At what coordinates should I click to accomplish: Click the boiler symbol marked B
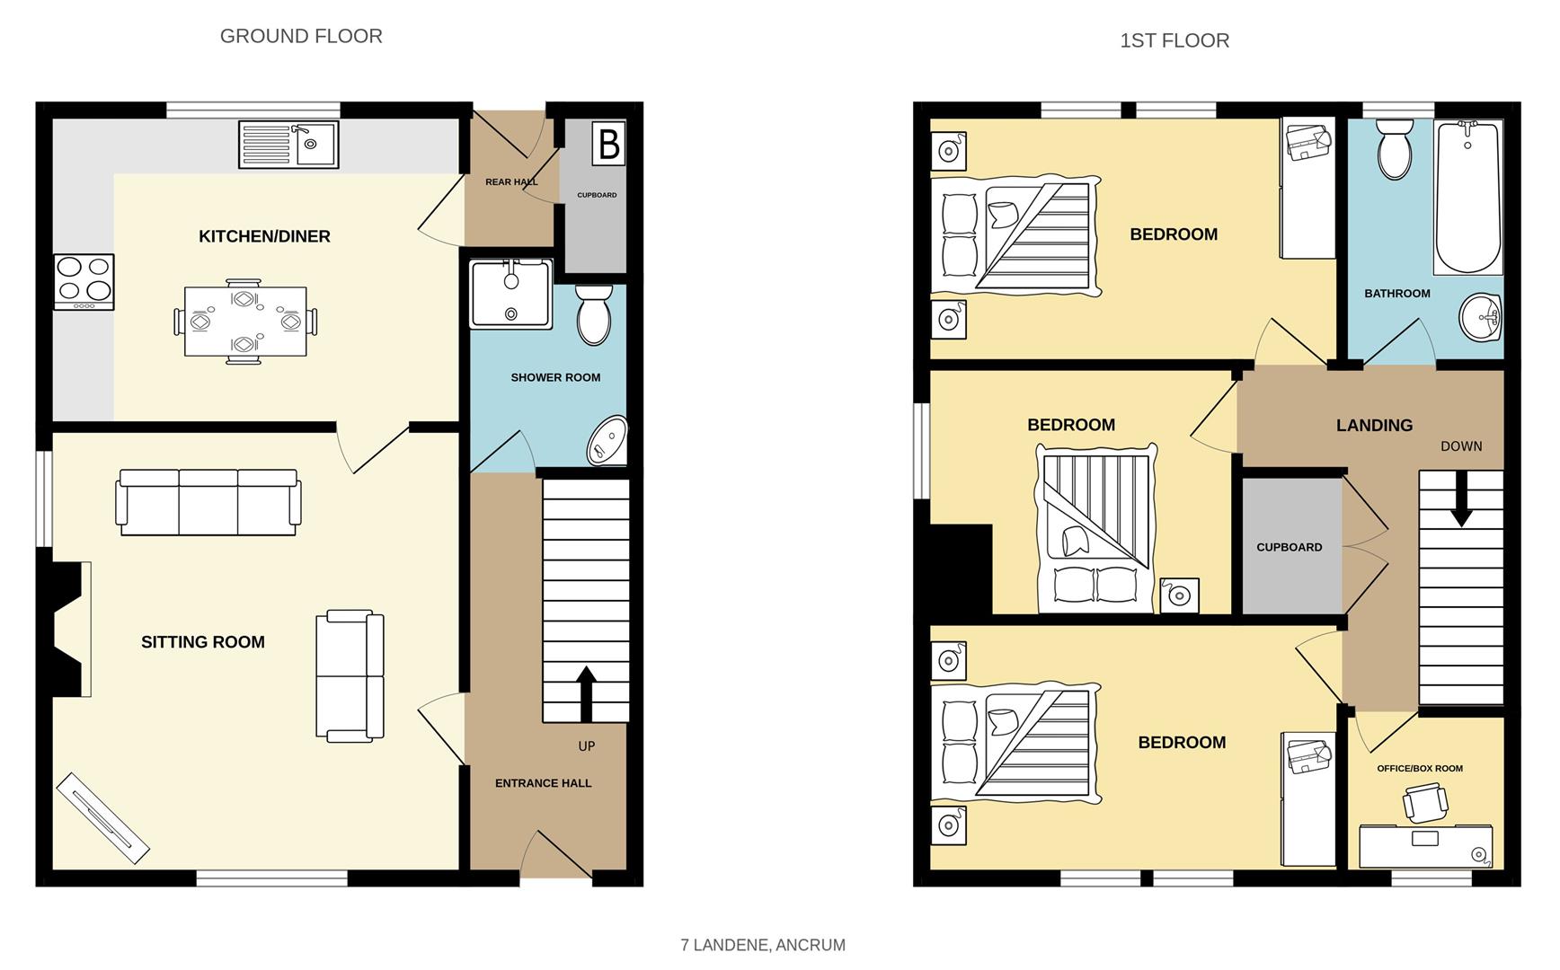[608, 144]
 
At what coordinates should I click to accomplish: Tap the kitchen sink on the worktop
[288, 145]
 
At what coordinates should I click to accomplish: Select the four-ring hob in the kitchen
[84, 282]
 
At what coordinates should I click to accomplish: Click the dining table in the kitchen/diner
[245, 322]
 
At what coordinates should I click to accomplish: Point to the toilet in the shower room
[593, 314]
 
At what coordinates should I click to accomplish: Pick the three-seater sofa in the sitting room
[208, 502]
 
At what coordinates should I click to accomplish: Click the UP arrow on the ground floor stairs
[586, 693]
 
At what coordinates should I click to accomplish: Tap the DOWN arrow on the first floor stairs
[1461, 498]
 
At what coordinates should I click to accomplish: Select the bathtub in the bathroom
[1468, 197]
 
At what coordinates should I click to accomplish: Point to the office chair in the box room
[1425, 801]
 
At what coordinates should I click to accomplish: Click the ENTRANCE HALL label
[543, 783]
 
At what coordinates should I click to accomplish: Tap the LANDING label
[1374, 426]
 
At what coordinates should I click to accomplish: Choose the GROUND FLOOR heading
[301, 36]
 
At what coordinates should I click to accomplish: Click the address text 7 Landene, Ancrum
[763, 945]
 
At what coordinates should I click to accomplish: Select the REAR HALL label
[511, 182]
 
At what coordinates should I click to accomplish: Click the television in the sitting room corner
[102, 818]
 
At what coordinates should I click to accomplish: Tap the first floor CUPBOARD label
[1289, 547]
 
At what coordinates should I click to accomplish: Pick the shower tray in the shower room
[510, 295]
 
